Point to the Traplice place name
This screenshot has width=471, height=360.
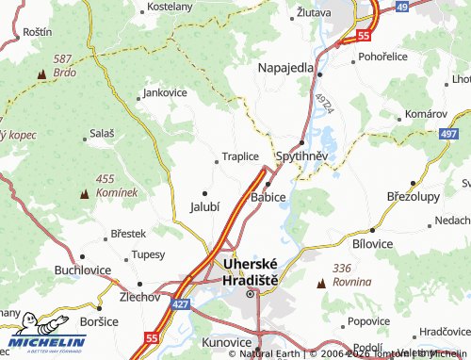point(238,157)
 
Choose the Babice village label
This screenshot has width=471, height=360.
point(268,197)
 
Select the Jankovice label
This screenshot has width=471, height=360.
point(166,93)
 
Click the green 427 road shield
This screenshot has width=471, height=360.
point(181,304)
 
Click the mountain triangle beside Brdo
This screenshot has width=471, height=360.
point(41,73)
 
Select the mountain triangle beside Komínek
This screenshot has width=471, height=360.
point(87,192)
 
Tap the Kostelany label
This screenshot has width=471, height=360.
point(170,7)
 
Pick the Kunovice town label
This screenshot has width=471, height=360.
point(226,341)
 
